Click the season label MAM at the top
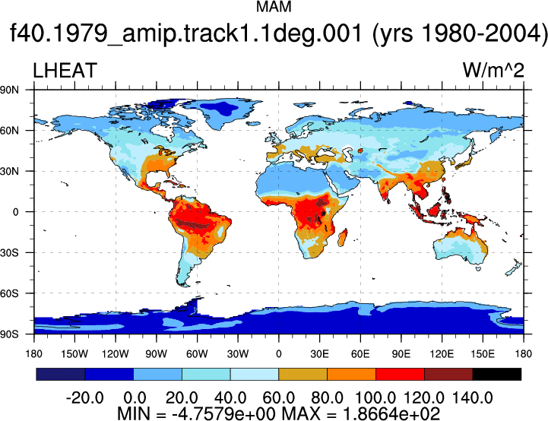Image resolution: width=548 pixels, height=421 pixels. (x=274, y=7)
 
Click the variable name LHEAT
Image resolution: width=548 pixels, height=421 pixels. (x=65, y=70)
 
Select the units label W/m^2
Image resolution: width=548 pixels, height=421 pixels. (x=493, y=70)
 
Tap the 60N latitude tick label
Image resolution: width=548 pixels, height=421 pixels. (x=9, y=131)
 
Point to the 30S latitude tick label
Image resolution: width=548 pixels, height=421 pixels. (x=9, y=252)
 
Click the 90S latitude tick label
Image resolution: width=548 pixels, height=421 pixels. (x=9, y=334)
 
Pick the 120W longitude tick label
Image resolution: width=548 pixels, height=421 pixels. (x=116, y=354)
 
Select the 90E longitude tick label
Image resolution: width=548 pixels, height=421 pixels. (x=401, y=354)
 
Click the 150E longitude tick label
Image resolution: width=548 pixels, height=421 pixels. (x=483, y=354)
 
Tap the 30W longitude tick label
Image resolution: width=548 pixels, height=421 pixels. (x=238, y=354)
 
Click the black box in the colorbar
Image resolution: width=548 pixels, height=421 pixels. (x=496, y=374)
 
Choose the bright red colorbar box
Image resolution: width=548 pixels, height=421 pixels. (x=400, y=374)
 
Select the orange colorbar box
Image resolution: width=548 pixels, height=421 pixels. (x=351, y=374)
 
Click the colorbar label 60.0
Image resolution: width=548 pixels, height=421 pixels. (x=278, y=397)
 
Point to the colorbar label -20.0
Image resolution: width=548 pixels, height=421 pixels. (x=85, y=397)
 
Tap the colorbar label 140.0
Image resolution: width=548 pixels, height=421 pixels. (x=473, y=397)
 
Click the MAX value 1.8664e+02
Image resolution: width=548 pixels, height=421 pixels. (x=391, y=413)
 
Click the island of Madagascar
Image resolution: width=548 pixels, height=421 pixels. (x=343, y=237)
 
